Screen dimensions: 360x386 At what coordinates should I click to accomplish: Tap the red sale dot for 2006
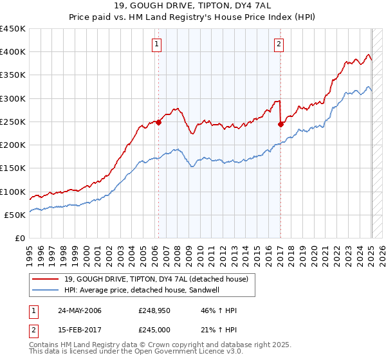coord(158,123)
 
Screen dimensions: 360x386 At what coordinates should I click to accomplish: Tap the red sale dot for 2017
coord(280,125)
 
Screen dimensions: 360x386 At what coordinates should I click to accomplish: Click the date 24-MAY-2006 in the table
coord(80,310)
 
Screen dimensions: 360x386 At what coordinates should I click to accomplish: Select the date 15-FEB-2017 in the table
coord(79,330)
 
